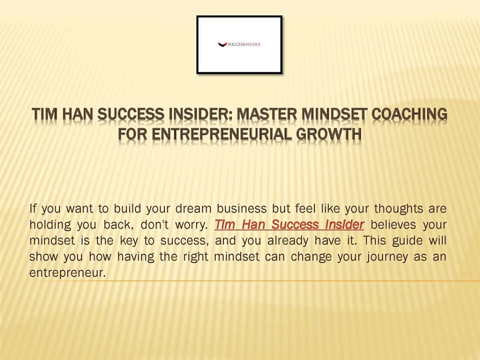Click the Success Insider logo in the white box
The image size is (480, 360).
[x=239, y=44]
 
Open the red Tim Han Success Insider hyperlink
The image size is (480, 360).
[x=289, y=224]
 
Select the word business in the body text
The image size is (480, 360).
[x=241, y=208]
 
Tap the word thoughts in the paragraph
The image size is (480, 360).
[x=398, y=208]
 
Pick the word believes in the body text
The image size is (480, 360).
[x=393, y=224]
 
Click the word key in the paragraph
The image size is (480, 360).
[x=128, y=240]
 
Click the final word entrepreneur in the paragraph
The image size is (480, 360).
[x=67, y=273]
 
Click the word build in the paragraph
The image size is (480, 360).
[x=126, y=208]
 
